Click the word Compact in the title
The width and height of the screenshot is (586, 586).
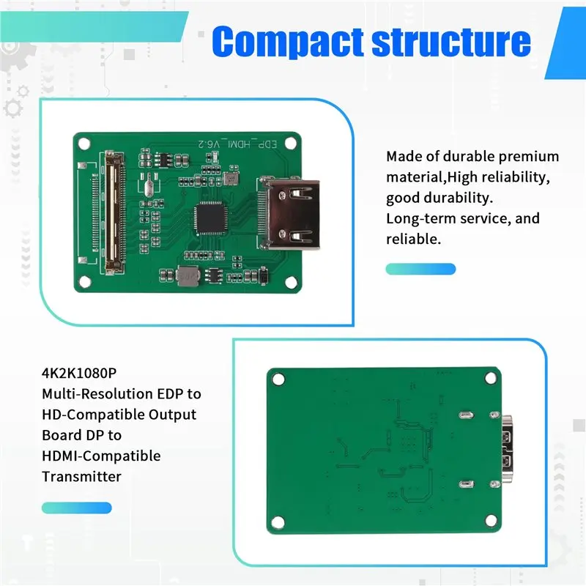tap(287, 42)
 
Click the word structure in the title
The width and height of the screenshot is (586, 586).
tap(451, 41)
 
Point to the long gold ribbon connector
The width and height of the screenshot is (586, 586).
tap(114, 212)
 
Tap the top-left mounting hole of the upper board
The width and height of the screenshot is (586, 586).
tap(84, 143)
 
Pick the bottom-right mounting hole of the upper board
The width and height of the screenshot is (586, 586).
tap(291, 282)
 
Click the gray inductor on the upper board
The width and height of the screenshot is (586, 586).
tap(188, 276)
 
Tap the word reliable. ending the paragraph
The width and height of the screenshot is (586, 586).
tap(413, 240)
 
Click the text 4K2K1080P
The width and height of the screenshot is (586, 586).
tap(79, 373)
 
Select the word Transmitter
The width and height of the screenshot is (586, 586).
tap(81, 477)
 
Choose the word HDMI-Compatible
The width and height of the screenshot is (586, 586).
tap(101, 456)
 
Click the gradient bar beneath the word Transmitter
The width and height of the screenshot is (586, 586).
tap(77, 508)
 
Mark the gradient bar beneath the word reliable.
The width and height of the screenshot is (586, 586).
tap(420, 269)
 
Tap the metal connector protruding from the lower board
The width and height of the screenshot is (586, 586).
tap(507, 449)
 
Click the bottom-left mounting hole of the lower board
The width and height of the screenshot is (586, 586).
tap(278, 522)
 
